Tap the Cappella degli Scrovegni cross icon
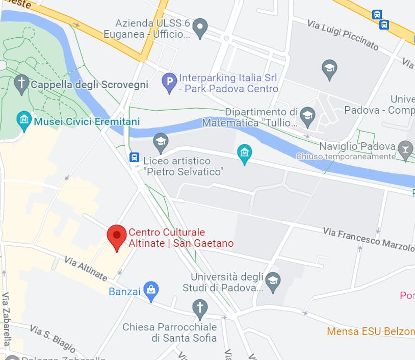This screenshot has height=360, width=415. (21, 84)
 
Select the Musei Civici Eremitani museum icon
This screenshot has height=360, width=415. (23, 121)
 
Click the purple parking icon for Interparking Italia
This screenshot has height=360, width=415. (169, 83)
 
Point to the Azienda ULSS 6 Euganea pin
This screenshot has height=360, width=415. (200, 28)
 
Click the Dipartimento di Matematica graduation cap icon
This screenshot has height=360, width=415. (307, 116)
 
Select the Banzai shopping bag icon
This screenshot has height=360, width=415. (151, 291)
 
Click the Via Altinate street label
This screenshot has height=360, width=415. (86, 269)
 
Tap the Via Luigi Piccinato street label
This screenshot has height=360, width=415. (343, 35)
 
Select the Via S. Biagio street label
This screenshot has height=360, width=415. (53, 339)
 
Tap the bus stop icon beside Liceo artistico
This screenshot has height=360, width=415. (135, 157)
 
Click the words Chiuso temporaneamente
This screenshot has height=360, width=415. (345, 157)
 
